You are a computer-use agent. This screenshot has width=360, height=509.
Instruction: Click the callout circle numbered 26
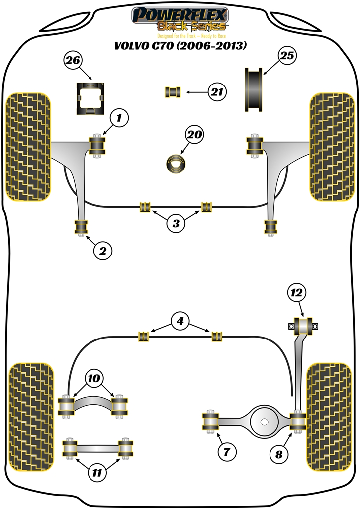pyautogui.click(x=73, y=61)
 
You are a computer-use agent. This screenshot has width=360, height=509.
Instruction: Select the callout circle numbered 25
pyautogui.click(x=287, y=56)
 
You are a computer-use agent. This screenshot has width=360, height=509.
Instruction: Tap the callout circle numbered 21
pyautogui.click(x=217, y=92)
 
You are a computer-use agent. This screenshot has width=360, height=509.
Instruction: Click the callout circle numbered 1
pyautogui.click(x=119, y=118)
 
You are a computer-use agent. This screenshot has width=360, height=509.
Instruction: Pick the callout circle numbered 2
pyautogui.click(x=102, y=251)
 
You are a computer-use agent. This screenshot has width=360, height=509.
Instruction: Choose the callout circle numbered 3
pyautogui.click(x=176, y=223)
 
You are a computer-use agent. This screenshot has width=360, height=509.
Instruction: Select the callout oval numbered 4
pyautogui.click(x=180, y=321)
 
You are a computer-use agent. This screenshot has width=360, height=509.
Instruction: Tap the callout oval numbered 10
pyautogui.click(x=94, y=378)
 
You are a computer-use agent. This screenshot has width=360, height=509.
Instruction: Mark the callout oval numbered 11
pyautogui.click(x=97, y=473)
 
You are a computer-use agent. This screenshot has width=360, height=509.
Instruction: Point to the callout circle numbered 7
pyautogui.click(x=227, y=452)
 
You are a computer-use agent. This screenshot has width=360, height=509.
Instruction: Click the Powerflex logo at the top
pyautogui.click(x=180, y=19)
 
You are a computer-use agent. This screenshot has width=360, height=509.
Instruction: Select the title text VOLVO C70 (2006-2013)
pyautogui.click(x=180, y=46)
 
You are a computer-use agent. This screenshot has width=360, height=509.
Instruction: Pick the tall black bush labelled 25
pyautogui.click(x=255, y=89)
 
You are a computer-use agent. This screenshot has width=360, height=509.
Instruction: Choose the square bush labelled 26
pyautogui.click(x=90, y=98)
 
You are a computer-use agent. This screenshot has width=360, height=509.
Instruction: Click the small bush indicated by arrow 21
pyautogui.click(x=173, y=92)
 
